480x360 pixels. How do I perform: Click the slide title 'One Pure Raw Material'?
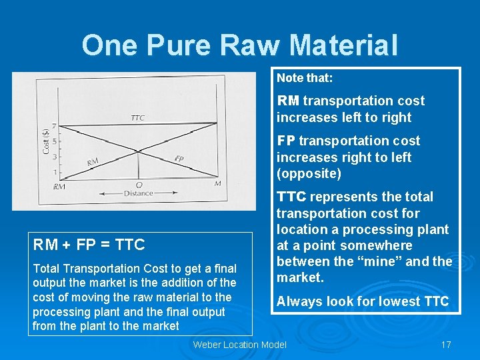click(x=240, y=45)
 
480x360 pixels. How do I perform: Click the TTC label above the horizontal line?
click(x=137, y=118)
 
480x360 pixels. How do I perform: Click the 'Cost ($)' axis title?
click(x=45, y=141)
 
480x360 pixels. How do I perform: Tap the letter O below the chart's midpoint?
click(x=139, y=185)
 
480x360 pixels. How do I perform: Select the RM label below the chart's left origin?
click(x=59, y=187)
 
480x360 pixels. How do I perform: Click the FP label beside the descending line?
click(x=179, y=159)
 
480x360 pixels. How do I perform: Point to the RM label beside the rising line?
click(x=93, y=162)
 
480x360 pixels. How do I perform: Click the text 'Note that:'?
click(x=305, y=78)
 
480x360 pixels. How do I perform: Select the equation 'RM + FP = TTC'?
click(x=89, y=245)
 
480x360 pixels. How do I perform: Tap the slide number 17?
click(x=446, y=345)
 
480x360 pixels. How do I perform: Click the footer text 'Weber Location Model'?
click(x=239, y=345)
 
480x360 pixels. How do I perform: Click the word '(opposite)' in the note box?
click(x=309, y=174)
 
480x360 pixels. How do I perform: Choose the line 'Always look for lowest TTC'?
click(x=363, y=301)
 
